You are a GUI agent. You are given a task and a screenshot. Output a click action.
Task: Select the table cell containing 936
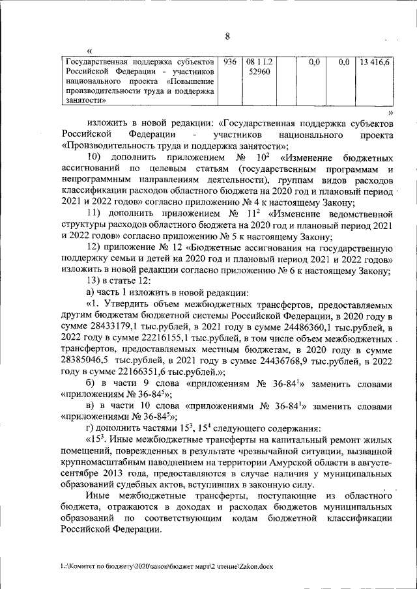(x=229, y=63)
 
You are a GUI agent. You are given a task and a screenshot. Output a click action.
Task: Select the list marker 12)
(x=95, y=247)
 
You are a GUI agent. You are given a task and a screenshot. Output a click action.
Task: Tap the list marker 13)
(x=95, y=281)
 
